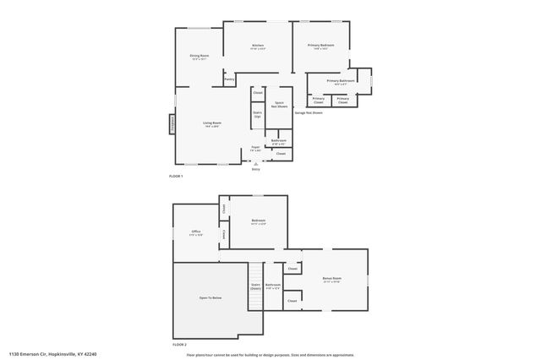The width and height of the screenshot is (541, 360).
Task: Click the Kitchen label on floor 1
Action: [x=258, y=46]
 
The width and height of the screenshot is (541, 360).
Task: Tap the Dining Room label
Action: [x=199, y=57]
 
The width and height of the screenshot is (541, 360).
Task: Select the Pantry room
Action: [x=229, y=79]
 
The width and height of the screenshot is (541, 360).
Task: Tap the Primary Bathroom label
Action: [x=341, y=82]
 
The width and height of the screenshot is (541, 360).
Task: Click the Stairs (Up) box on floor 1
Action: [x=257, y=114]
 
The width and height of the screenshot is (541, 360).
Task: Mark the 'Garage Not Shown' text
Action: [x=309, y=112]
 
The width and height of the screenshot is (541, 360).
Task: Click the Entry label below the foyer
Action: [x=255, y=169]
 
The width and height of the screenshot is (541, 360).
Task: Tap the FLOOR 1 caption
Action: [x=177, y=175]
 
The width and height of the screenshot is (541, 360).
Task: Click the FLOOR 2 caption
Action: [x=179, y=344]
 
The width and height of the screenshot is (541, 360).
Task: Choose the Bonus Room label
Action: [x=331, y=279]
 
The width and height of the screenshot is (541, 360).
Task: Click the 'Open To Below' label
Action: [x=210, y=298]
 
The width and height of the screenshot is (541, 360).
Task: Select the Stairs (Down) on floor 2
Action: [x=255, y=286]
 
